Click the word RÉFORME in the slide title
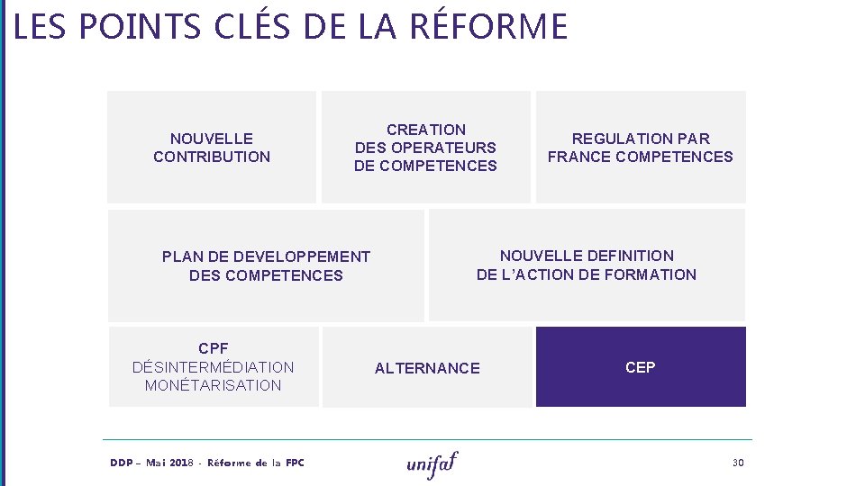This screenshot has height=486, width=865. coord(488,26)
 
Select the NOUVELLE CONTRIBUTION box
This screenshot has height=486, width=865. coord(212,147)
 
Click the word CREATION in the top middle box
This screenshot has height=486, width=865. coord(426,130)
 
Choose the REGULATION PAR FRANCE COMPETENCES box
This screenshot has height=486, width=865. coord(641,147)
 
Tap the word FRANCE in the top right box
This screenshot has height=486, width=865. coord(578,157)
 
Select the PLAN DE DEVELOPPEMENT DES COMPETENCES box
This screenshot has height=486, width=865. coord(266,265)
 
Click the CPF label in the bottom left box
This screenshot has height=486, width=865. coord(214,348)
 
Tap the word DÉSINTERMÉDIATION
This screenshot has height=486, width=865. coord(214,367)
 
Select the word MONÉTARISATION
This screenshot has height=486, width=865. coord(214,385)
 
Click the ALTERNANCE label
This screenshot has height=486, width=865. coord(427,368)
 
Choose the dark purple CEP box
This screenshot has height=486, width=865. coord(641,367)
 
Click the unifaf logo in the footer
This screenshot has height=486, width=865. coord(432,463)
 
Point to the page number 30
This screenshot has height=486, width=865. coord(738,463)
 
